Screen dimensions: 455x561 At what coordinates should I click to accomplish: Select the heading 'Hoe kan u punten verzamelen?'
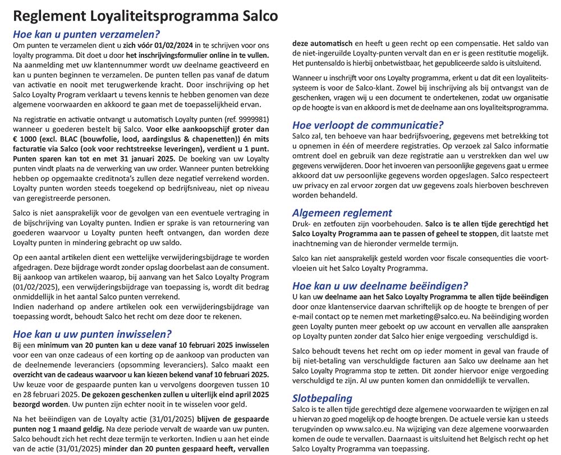(86, 33)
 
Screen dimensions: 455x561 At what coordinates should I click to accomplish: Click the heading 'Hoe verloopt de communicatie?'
(368, 125)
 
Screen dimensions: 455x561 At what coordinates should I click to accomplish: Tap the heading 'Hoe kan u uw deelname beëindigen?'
(380, 285)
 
